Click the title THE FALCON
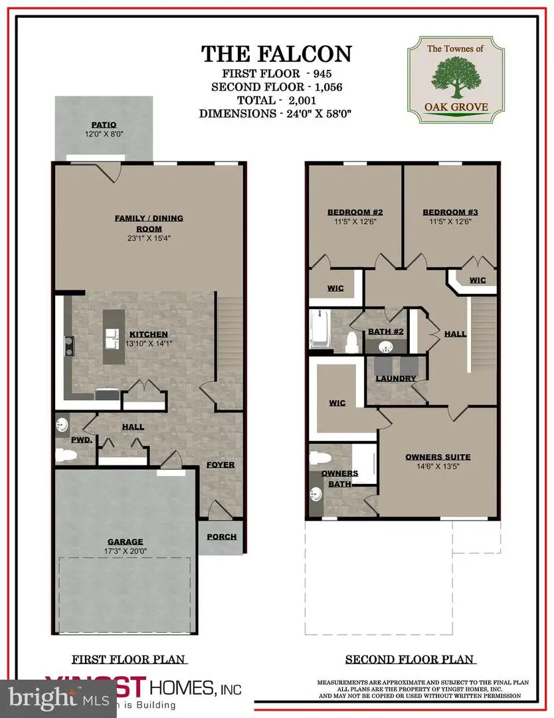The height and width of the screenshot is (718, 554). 276,53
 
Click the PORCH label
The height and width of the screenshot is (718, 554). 221,537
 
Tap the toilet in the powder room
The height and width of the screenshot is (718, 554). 66,455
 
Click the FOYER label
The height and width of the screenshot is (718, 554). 220,465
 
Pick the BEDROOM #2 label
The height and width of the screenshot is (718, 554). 353,213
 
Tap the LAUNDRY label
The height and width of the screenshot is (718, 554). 396,379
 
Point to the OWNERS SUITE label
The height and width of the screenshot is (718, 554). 438,457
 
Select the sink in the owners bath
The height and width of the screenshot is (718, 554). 316,494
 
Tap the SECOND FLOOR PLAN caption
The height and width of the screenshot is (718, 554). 410,659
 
